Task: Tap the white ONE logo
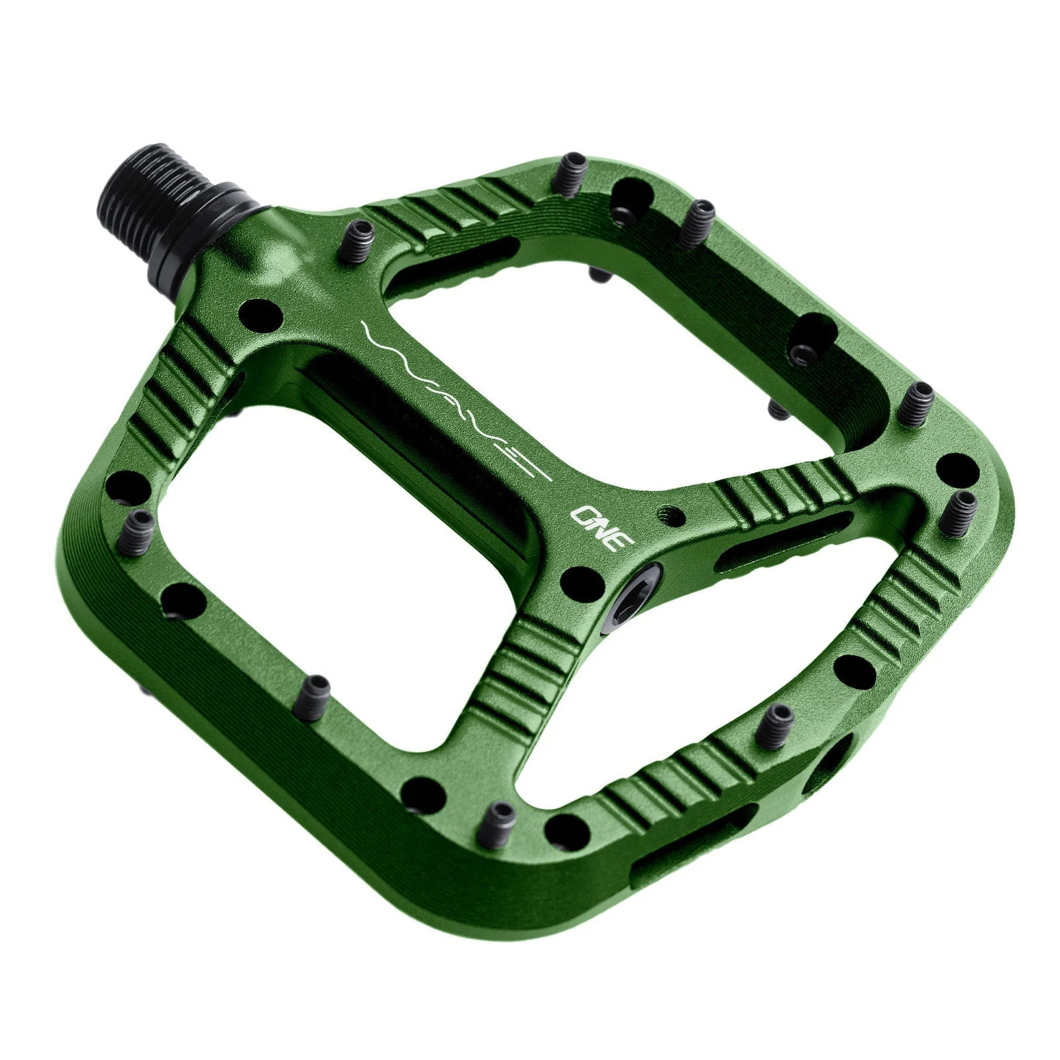[x=603, y=529]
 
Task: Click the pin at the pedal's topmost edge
[x=571, y=174]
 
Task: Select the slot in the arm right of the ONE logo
[x=782, y=540]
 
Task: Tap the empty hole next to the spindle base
[x=260, y=314]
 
